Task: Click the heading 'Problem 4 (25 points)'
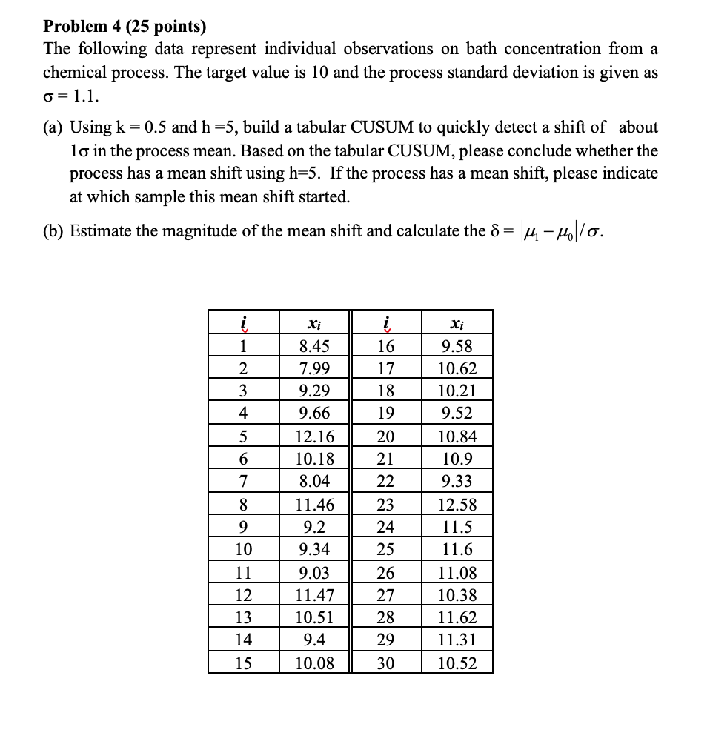pyautogui.click(x=125, y=27)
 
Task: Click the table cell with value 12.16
pyautogui.click(x=314, y=436)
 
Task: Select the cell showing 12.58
pyautogui.click(x=457, y=505)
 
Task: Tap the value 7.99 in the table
pyautogui.click(x=314, y=369)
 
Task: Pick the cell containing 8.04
pyautogui.click(x=314, y=482)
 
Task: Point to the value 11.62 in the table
pyautogui.click(x=457, y=617)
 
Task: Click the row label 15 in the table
pyautogui.click(x=243, y=663)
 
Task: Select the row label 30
pyautogui.click(x=385, y=663)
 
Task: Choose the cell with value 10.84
pyautogui.click(x=457, y=436)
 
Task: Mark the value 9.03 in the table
pyautogui.click(x=314, y=572)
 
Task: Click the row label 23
pyautogui.click(x=385, y=505)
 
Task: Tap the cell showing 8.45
pyautogui.click(x=314, y=346)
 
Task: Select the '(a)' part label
pyautogui.click(x=53, y=127)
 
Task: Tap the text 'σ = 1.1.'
pyautogui.click(x=71, y=96)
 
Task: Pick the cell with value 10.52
pyautogui.click(x=457, y=663)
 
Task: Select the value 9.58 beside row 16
pyautogui.click(x=457, y=346)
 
